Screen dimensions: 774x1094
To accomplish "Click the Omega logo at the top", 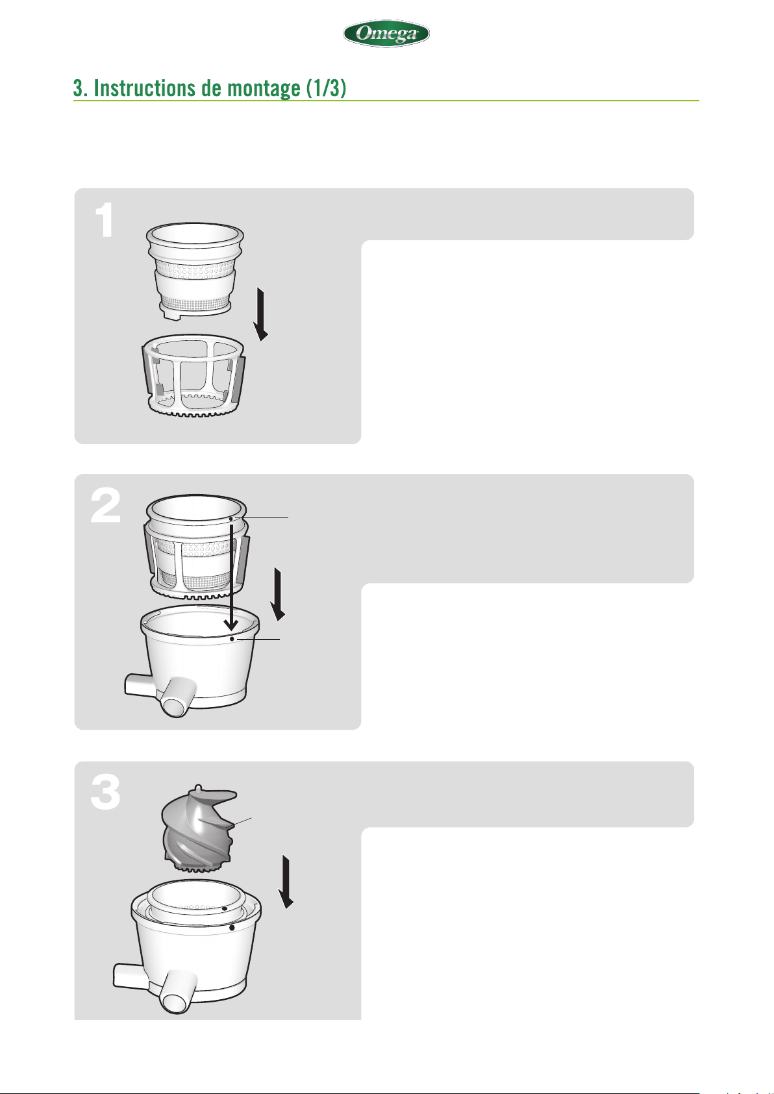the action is [386, 33].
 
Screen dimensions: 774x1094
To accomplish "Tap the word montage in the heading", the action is [264, 89].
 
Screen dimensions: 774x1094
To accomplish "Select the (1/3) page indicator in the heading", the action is [326, 88].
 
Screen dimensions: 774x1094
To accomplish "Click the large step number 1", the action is [105, 220].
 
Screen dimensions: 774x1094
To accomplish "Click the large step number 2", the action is [105, 506].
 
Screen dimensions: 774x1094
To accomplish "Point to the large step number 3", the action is [105, 793].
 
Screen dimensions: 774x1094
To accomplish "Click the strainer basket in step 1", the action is [195, 271].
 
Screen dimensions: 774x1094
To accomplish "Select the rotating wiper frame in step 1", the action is [193, 375].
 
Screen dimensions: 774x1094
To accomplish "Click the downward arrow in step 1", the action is [261, 314].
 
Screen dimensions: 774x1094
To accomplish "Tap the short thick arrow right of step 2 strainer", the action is [278, 594].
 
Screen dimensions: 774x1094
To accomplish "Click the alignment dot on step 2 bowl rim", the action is [231, 639].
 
